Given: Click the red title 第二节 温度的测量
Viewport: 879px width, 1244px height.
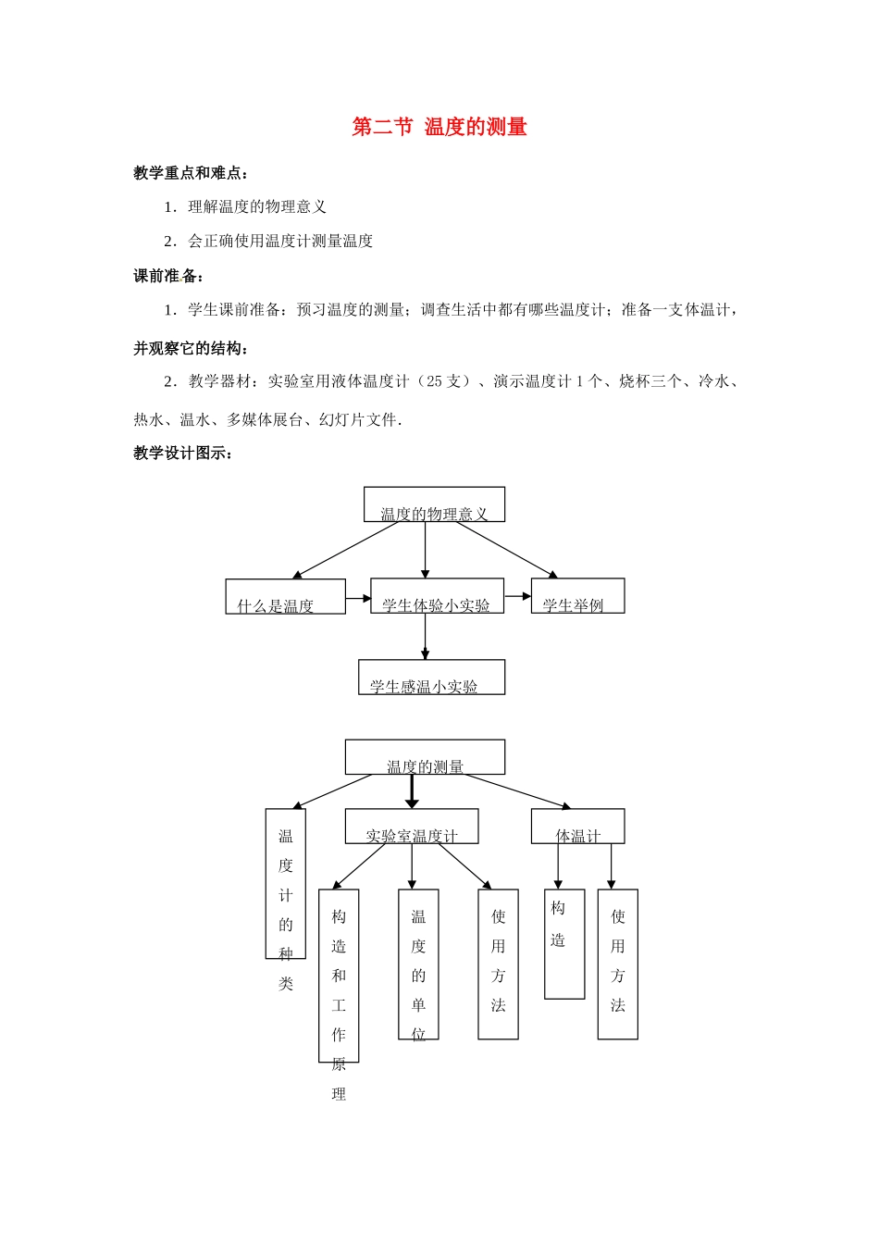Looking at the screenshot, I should (439, 128).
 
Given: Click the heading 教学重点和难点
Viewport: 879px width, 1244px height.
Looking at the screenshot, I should (191, 173).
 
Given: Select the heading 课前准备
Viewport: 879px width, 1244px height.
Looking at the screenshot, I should (168, 276).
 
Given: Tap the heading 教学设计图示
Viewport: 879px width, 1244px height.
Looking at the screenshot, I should (183, 454).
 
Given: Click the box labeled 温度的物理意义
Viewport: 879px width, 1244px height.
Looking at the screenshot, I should (434, 505).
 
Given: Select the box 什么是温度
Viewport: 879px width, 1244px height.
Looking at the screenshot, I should (285, 597).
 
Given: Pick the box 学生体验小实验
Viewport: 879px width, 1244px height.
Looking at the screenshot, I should (437, 596).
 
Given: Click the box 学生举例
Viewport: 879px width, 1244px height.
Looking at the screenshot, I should (577, 596).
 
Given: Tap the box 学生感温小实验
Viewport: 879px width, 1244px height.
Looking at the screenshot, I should (431, 678).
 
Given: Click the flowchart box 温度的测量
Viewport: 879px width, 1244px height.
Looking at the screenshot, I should (425, 757).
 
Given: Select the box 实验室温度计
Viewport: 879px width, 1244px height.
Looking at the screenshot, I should (412, 827).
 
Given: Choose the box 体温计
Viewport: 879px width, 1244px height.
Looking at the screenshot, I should (577, 827).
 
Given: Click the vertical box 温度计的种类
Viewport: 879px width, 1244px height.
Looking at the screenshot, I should (285, 884).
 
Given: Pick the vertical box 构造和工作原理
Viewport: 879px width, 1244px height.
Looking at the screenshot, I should (339, 976).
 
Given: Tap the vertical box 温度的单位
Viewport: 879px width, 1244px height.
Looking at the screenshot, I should (418, 964).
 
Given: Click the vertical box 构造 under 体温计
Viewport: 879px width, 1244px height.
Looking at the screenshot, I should (564, 944).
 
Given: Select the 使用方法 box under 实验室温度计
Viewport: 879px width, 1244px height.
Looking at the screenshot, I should (498, 964).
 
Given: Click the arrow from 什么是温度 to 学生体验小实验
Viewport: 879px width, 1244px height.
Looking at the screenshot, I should (358, 599).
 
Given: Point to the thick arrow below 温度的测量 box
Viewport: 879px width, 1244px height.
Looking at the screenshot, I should (412, 791).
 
